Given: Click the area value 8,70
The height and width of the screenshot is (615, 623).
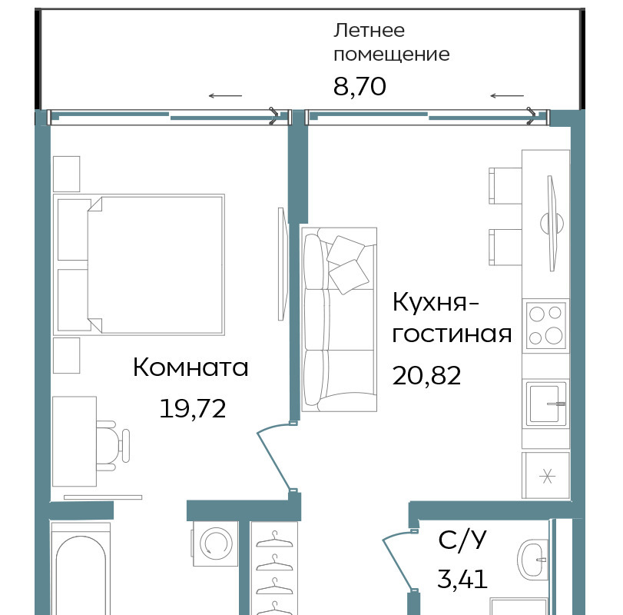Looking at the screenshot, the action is click(360, 87).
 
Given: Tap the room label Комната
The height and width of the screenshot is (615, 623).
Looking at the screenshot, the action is click(191, 367).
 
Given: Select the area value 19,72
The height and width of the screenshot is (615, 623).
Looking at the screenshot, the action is click(193, 408).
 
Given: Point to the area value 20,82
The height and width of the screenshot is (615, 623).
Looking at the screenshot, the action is click(426, 375).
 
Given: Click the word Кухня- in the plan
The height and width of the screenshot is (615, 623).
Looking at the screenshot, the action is click(436, 303).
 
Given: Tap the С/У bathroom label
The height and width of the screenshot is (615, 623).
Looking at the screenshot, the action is click(462, 540).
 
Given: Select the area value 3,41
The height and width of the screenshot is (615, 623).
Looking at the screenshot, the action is click(462, 579).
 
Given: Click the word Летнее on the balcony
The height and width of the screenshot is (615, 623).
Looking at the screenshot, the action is click(369, 31).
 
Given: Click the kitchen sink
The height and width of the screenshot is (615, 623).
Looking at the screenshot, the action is click(546, 404).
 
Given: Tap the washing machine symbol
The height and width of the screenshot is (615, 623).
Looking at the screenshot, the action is click(216, 543).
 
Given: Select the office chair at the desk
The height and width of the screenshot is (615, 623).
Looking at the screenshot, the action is click(113, 446).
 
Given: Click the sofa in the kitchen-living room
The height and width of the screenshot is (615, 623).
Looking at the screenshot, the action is click(339, 319).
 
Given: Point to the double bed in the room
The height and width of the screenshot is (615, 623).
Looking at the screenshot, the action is click(139, 264).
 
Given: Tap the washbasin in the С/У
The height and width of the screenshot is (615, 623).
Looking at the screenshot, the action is click(533, 559).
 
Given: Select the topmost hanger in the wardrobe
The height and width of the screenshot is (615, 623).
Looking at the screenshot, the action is click(274, 540).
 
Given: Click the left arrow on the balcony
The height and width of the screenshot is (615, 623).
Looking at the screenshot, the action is click(225, 96).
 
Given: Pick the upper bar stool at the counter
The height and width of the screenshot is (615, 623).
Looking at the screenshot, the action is click(505, 185).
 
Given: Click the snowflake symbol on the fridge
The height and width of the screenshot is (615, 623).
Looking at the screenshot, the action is click(547, 475).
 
